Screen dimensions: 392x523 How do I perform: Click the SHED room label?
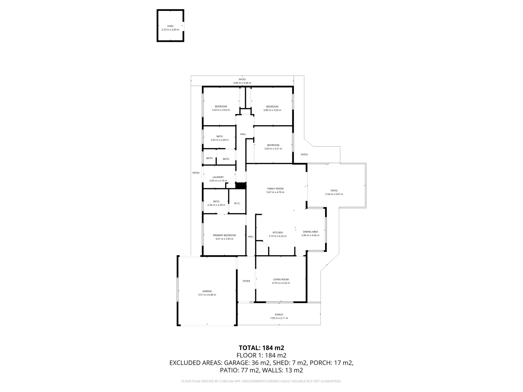pyautogui.click(x=170, y=26)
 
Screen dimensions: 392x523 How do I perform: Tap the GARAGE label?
pyautogui.click(x=207, y=291)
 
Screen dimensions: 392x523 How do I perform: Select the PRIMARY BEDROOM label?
pyautogui.click(x=224, y=235)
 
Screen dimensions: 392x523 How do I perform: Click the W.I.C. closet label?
pyautogui.click(x=237, y=203)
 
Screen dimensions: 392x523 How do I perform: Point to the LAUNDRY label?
pyautogui.click(x=218, y=177)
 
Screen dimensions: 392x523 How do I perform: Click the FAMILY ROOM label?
pyautogui.click(x=275, y=189)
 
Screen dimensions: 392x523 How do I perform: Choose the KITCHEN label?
pyautogui.click(x=277, y=233)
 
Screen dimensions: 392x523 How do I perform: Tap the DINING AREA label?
pyautogui.click(x=310, y=232)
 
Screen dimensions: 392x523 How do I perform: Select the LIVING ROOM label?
pyautogui.click(x=281, y=279)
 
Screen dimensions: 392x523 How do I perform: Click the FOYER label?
pyautogui.click(x=246, y=281)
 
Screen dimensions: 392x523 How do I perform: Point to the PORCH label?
pyautogui.click(x=279, y=315)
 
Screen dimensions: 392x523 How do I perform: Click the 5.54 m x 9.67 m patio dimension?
pyautogui.click(x=334, y=194)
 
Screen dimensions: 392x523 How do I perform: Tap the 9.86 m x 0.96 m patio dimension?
pyautogui.click(x=242, y=83)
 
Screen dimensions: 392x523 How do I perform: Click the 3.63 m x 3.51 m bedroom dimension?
pyautogui.click(x=273, y=148)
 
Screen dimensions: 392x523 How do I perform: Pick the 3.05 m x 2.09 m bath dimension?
pyautogui.click(x=219, y=140)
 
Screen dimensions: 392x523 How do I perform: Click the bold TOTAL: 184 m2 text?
pyautogui.click(x=261, y=348)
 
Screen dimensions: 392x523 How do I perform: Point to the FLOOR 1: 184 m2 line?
pyautogui.click(x=261, y=355)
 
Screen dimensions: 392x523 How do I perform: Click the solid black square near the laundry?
pyautogui.click(x=240, y=185)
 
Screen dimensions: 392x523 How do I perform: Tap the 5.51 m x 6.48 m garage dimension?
pyautogui.click(x=207, y=295)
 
